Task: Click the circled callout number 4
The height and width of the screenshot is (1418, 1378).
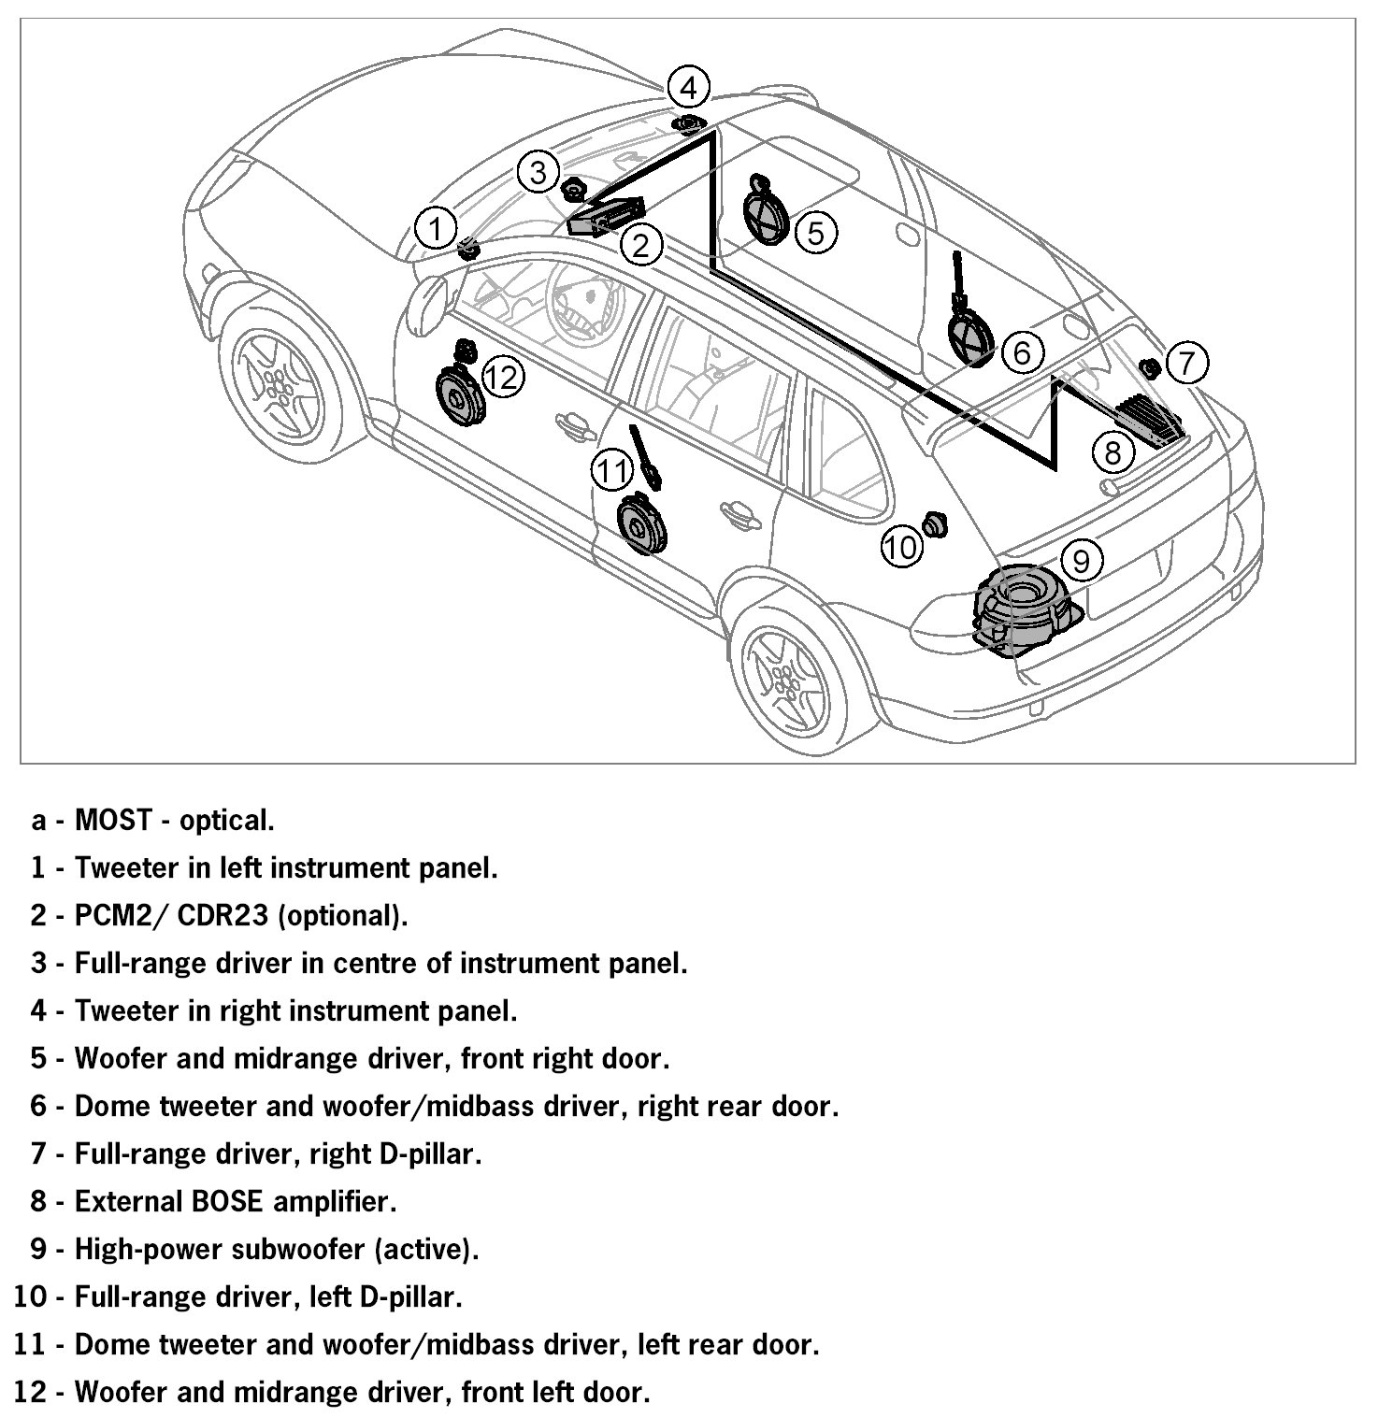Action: tap(688, 89)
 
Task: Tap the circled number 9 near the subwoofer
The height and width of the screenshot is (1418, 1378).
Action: tap(1082, 560)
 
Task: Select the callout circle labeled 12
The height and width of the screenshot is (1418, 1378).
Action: tap(502, 378)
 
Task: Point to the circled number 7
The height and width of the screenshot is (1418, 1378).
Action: tap(1186, 362)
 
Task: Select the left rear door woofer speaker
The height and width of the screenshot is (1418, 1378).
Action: tap(642, 525)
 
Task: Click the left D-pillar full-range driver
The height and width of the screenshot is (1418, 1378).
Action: tap(934, 524)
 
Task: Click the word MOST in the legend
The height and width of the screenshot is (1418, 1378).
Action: tap(112, 821)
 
